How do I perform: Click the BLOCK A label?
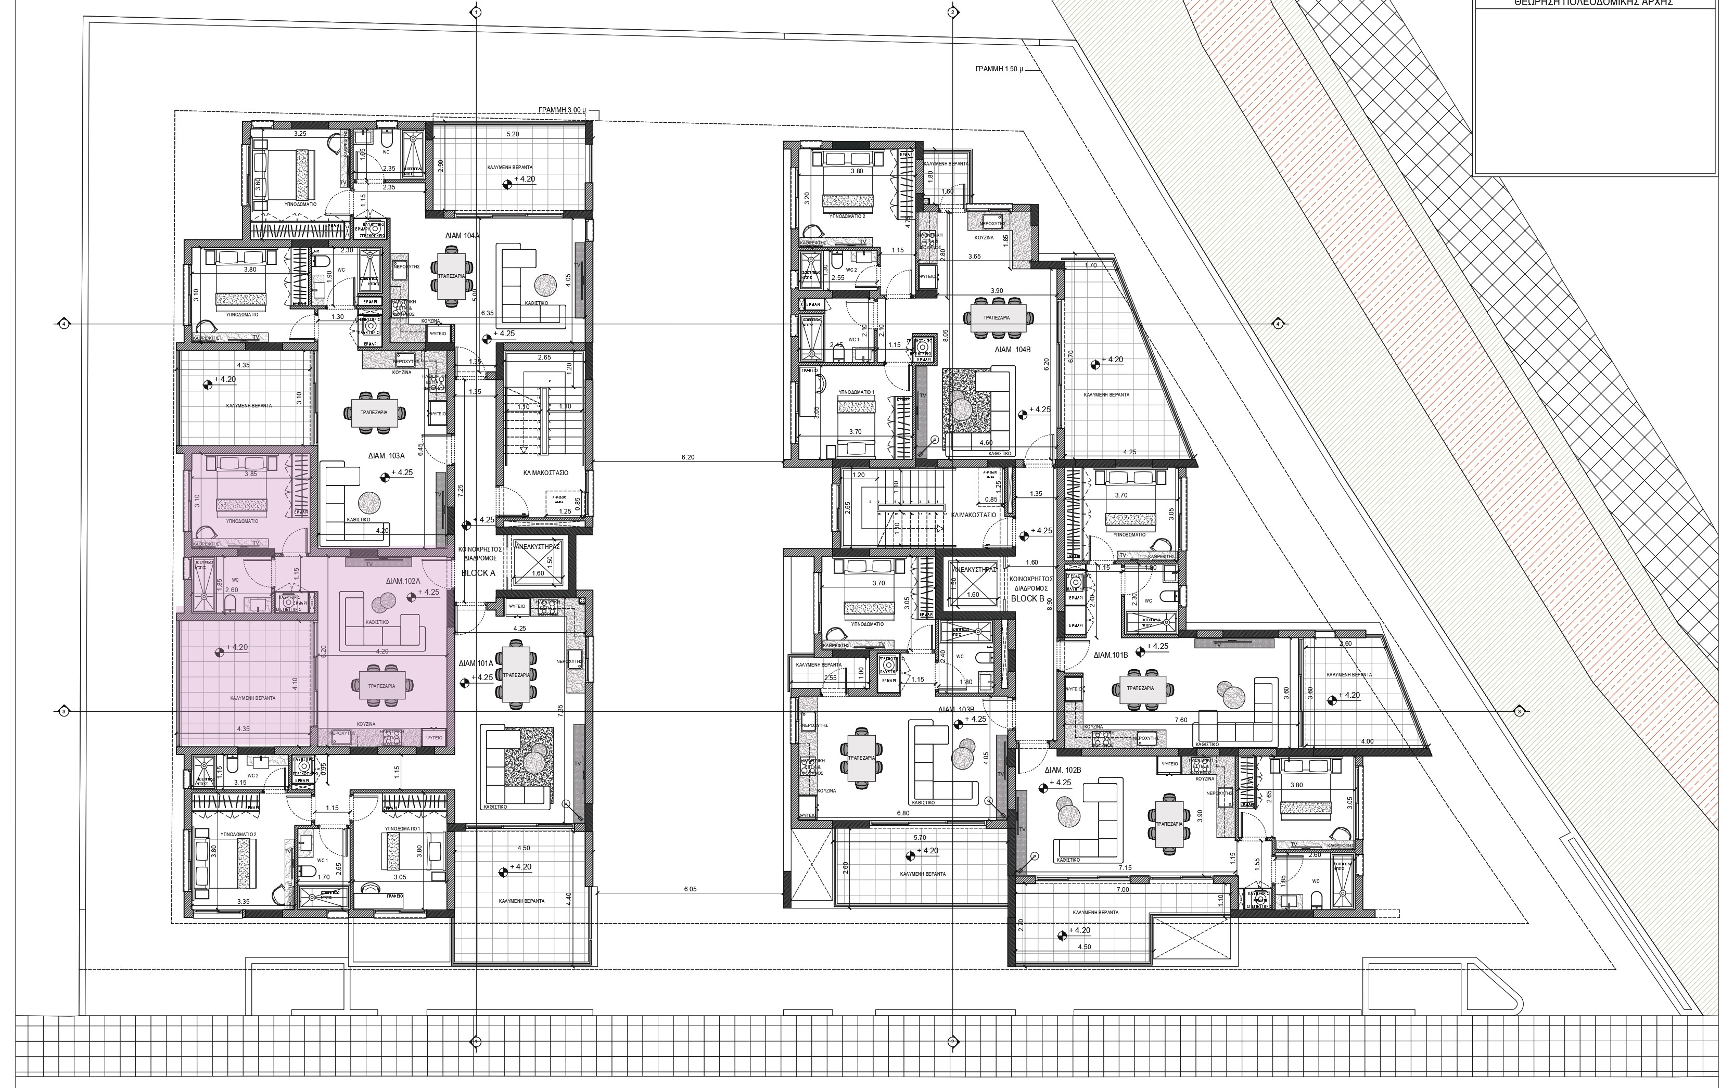click(478, 573)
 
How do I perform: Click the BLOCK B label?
click(1027, 598)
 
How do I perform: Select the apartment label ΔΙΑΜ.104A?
click(462, 235)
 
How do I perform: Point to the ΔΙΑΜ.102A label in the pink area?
click(403, 581)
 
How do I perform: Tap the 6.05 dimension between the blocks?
click(690, 889)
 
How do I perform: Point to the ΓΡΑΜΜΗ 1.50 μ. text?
click(999, 71)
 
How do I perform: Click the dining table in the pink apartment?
click(381, 685)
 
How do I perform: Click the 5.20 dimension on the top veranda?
click(512, 134)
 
